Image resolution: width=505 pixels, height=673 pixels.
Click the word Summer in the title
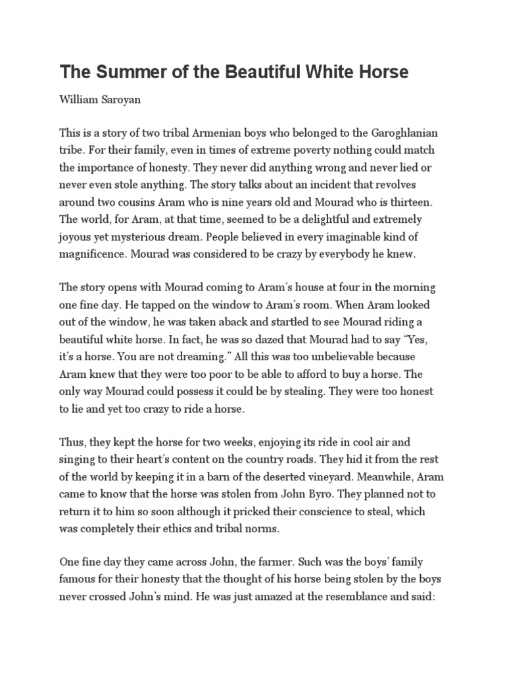click(124, 72)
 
